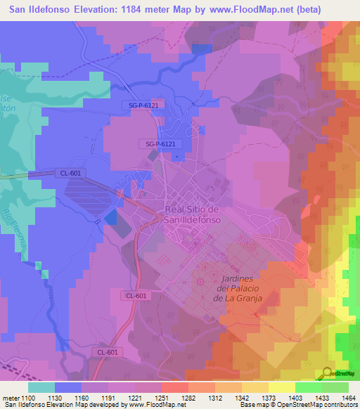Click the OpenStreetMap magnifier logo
click(x=328, y=372)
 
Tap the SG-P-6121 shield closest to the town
click(x=160, y=144)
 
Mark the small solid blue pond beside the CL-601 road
click(x=110, y=218)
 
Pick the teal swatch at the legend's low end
click(x=41, y=387)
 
